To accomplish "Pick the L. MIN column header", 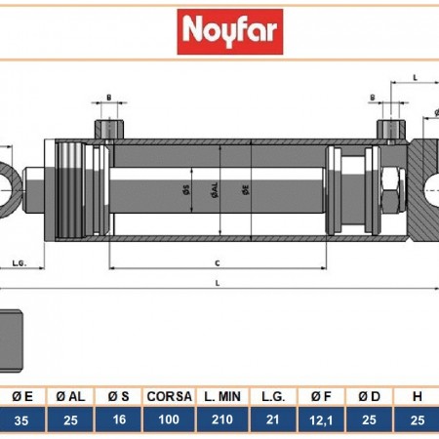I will click(x=223, y=396).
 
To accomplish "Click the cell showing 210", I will click(x=223, y=420).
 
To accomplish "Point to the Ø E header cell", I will click(x=21, y=396).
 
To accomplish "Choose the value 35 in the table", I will click(x=21, y=420).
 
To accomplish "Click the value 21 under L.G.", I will click(x=272, y=420).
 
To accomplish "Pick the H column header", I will click(x=418, y=396).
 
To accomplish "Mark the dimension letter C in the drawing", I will click(x=216, y=260).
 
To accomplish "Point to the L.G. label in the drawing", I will click(x=19, y=262).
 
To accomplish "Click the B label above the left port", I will click(x=108, y=98).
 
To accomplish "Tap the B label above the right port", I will click(x=374, y=98).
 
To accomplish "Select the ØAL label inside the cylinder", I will click(x=215, y=191).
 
